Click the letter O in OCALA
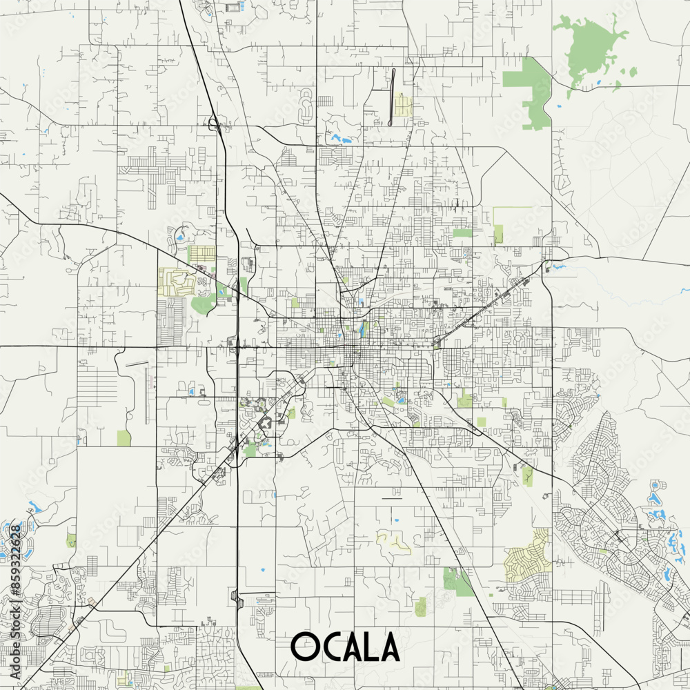click(303, 647)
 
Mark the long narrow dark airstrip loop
click(393, 96)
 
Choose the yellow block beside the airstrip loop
click(402, 106)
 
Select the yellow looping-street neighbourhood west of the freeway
click(177, 282)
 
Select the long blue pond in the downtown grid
click(362, 330)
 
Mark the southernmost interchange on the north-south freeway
click(237, 599)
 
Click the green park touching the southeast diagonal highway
click(457, 582)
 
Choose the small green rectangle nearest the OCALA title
click(420, 607)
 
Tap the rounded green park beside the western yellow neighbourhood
click(202, 304)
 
